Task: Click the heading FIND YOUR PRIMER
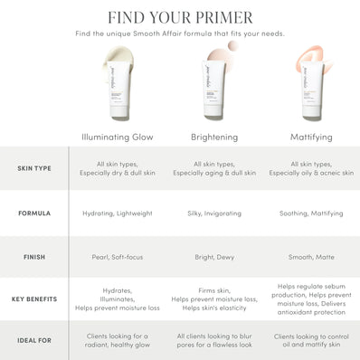click(x=180, y=16)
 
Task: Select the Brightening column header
click(x=215, y=137)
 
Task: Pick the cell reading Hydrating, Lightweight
click(x=116, y=214)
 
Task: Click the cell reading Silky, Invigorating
click(x=215, y=214)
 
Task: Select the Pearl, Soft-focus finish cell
click(x=116, y=257)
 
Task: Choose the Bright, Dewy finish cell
click(x=215, y=257)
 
